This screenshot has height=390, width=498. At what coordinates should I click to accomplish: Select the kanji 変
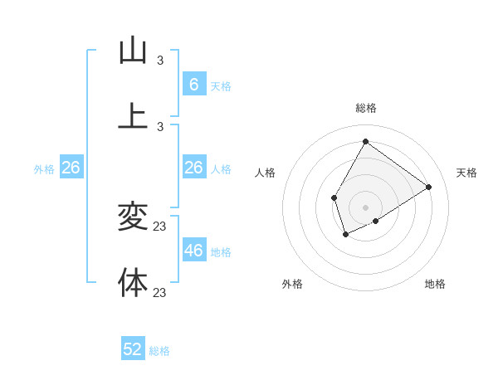click(x=133, y=217)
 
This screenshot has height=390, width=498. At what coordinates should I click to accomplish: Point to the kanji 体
click(x=133, y=283)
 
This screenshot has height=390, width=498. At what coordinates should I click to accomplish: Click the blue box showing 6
click(x=193, y=85)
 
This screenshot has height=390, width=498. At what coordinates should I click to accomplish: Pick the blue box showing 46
click(x=193, y=251)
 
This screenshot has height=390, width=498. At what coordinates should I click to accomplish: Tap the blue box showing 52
click(x=133, y=349)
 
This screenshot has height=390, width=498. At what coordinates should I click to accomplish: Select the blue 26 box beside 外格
click(x=71, y=168)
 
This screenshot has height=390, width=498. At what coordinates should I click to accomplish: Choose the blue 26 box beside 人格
click(x=193, y=168)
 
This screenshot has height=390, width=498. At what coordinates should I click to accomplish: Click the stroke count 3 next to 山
click(x=160, y=60)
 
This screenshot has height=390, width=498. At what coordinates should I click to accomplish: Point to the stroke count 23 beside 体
click(x=160, y=292)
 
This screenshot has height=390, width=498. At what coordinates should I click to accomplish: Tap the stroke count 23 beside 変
click(x=160, y=227)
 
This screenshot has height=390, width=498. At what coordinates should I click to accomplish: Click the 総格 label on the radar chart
click(x=365, y=108)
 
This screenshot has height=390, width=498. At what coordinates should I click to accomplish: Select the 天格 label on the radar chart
click(x=466, y=173)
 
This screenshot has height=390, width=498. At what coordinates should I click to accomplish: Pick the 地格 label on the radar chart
click(x=435, y=284)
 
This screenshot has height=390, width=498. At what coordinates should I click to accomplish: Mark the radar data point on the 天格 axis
click(x=428, y=187)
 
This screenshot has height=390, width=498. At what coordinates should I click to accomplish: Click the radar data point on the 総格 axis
click(x=365, y=141)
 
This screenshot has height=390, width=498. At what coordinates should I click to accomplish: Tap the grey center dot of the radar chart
click(x=365, y=207)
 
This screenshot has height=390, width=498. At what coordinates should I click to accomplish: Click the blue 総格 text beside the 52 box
click(x=159, y=351)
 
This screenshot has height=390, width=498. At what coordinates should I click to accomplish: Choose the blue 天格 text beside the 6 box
click(x=220, y=86)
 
